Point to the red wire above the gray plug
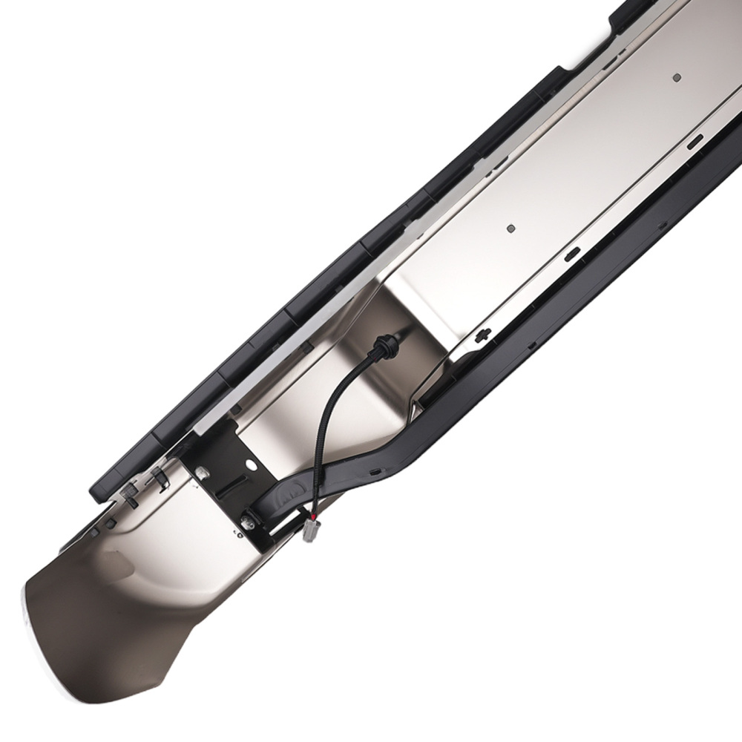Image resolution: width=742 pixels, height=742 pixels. point(315,514)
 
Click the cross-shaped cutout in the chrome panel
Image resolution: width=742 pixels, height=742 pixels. point(482,336)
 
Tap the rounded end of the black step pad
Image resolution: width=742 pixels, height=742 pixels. point(100,490)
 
